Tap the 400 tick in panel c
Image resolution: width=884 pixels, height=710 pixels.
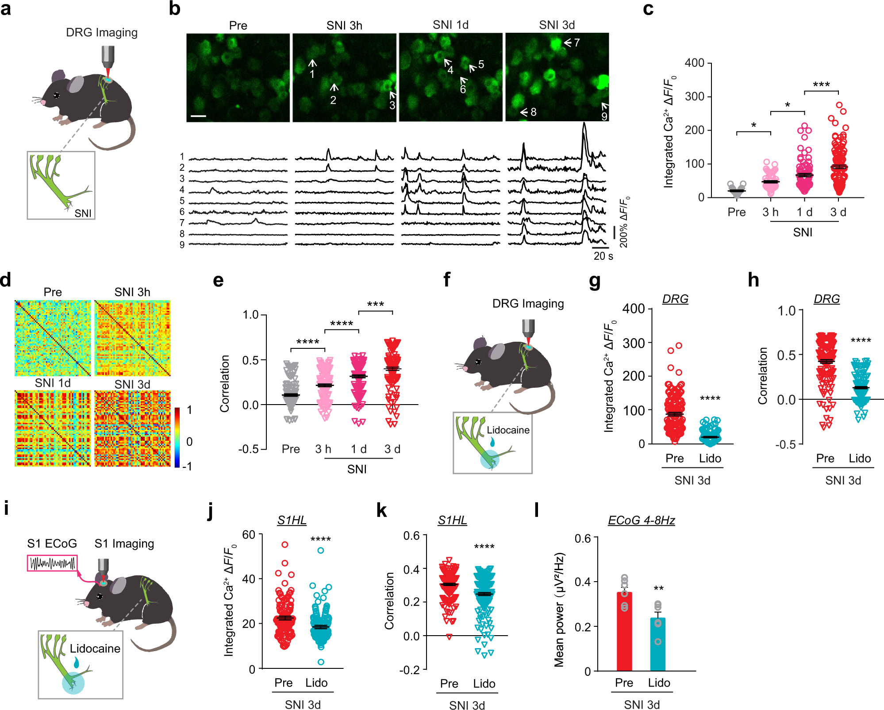pos(695,63)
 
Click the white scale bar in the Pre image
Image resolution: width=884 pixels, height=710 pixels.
pos(199,116)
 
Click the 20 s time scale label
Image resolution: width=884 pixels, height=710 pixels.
pos(603,256)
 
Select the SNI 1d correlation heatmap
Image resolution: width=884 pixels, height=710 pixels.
pos(53,428)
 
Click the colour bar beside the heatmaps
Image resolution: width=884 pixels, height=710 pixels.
pos(177,437)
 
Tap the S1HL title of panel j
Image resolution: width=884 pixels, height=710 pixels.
pos(292,520)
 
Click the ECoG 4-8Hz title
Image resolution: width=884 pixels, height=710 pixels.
pos(641,520)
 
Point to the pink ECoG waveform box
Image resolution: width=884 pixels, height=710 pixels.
pos(52,563)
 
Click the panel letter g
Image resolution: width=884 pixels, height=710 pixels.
pos(595,281)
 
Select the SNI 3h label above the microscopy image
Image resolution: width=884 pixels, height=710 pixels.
pos(344,26)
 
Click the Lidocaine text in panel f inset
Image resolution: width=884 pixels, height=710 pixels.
pos(508,430)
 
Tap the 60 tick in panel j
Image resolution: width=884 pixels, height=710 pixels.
pos(249,535)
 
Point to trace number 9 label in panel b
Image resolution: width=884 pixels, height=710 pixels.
pos(182,245)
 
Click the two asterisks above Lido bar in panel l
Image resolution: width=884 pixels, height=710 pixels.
pos(658,589)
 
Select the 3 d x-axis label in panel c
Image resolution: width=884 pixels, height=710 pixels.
pos(838,212)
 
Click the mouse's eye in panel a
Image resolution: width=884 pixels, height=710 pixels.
pos(57,95)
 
